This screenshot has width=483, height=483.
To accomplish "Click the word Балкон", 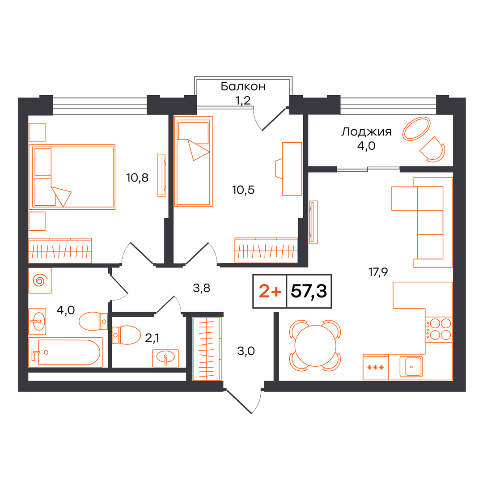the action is (243, 87).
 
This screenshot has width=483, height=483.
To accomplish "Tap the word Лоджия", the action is (366, 132).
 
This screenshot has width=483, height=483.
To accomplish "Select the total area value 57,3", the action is (309, 291).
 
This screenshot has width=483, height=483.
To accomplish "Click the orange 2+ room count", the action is (270, 291).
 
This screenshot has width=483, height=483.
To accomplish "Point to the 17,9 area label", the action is (378, 272).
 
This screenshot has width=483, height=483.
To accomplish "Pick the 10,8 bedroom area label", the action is (137, 178).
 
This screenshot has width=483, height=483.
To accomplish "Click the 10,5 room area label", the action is (243, 190).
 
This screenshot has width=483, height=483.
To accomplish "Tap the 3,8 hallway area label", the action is (201, 288).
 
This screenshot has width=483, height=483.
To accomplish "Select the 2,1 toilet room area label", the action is (152, 338).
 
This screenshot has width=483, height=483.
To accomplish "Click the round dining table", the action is (315, 346).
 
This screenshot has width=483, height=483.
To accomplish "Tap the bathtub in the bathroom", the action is (65, 352).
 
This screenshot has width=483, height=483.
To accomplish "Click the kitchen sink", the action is (411, 367).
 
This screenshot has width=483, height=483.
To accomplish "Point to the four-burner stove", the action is (439, 329).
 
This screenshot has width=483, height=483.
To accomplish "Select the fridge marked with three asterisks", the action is (376, 367).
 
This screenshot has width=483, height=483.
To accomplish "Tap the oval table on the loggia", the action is (416, 129).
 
